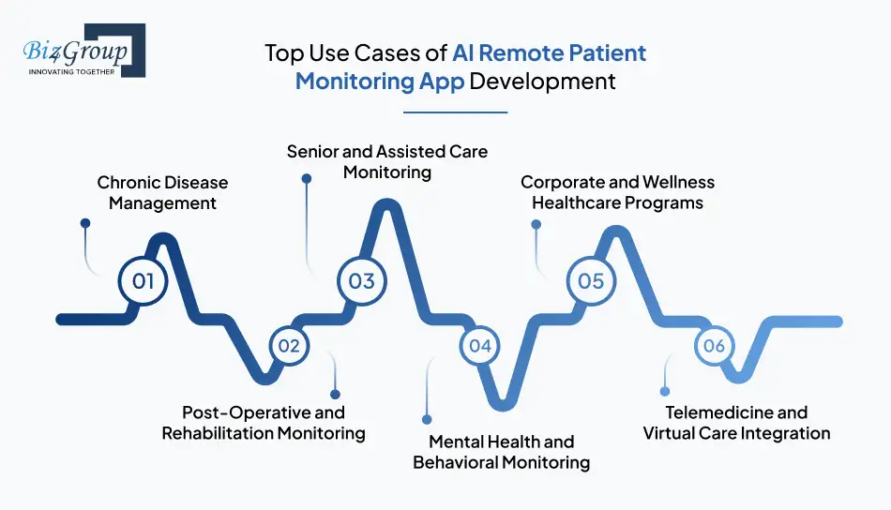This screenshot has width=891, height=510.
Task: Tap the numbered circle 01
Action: (x=143, y=280)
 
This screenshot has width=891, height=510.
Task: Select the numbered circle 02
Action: (x=289, y=346)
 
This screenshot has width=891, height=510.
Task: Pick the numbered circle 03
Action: (x=362, y=280)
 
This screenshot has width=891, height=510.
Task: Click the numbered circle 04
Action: (x=480, y=346)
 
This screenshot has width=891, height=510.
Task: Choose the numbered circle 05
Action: (x=591, y=280)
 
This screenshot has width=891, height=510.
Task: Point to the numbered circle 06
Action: (x=715, y=346)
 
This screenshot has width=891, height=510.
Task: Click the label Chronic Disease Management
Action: (x=162, y=192)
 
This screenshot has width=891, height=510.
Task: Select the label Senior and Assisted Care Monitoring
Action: (x=387, y=161)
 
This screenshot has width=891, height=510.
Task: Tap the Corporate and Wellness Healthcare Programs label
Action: (x=617, y=192)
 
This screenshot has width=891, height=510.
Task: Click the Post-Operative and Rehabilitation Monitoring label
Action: (x=263, y=422)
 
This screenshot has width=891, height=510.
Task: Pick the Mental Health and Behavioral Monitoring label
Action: (x=501, y=451)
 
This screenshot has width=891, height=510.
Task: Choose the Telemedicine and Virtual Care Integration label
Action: (x=736, y=422)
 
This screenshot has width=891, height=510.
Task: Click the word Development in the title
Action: (x=542, y=81)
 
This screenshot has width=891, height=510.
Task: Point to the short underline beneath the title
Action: (x=455, y=112)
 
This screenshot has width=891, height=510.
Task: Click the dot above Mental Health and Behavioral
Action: (x=427, y=419)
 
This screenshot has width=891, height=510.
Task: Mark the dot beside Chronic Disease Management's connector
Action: (x=85, y=224)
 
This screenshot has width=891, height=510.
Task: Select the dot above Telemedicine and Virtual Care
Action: (x=665, y=391)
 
